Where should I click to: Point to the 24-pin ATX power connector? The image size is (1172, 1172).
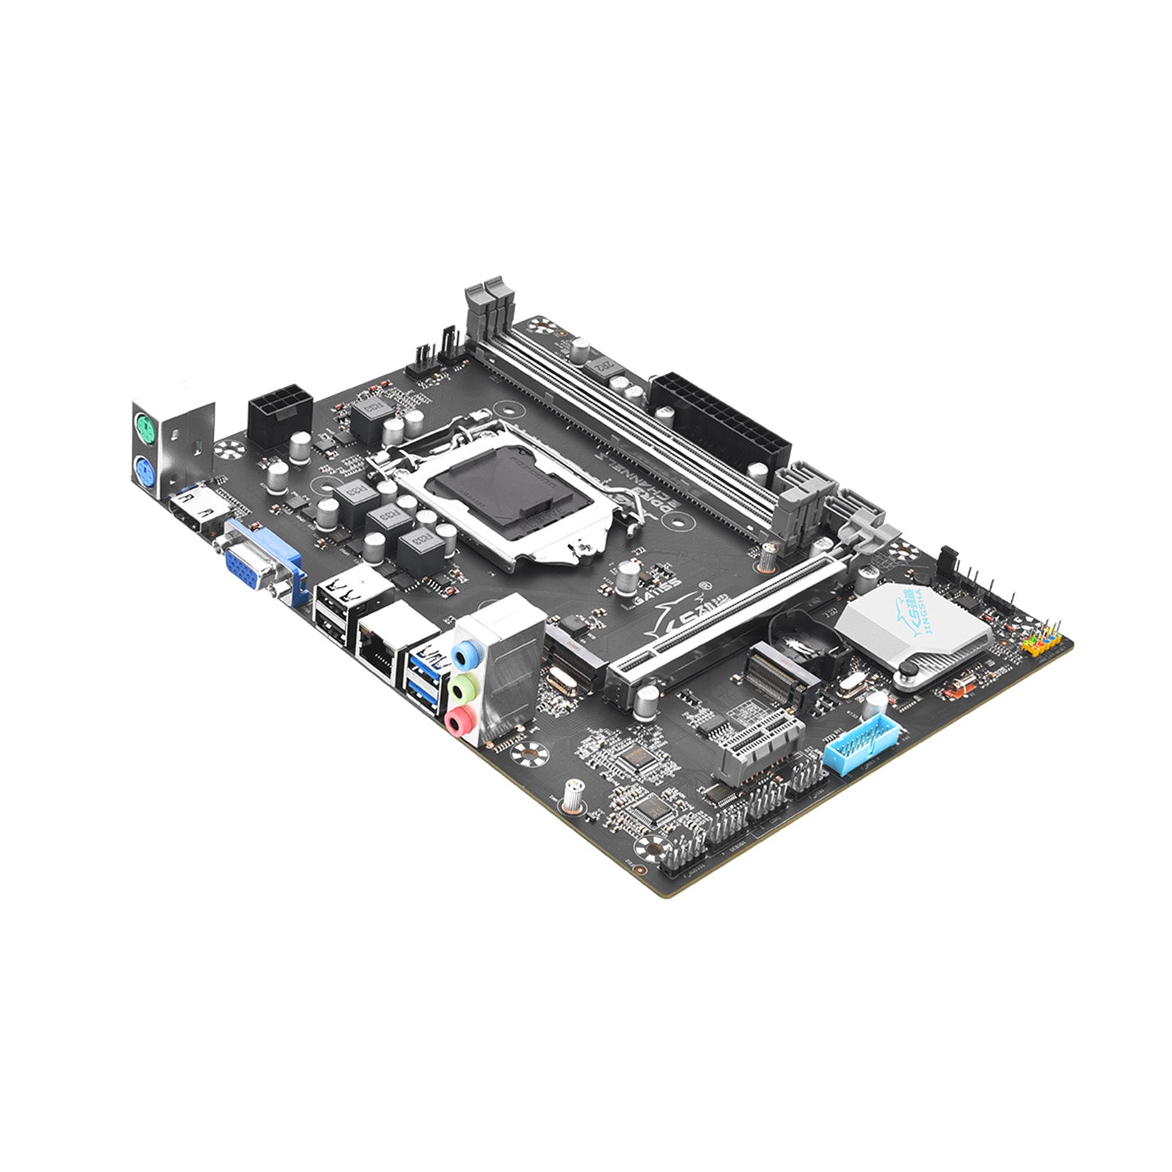click(x=719, y=424)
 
